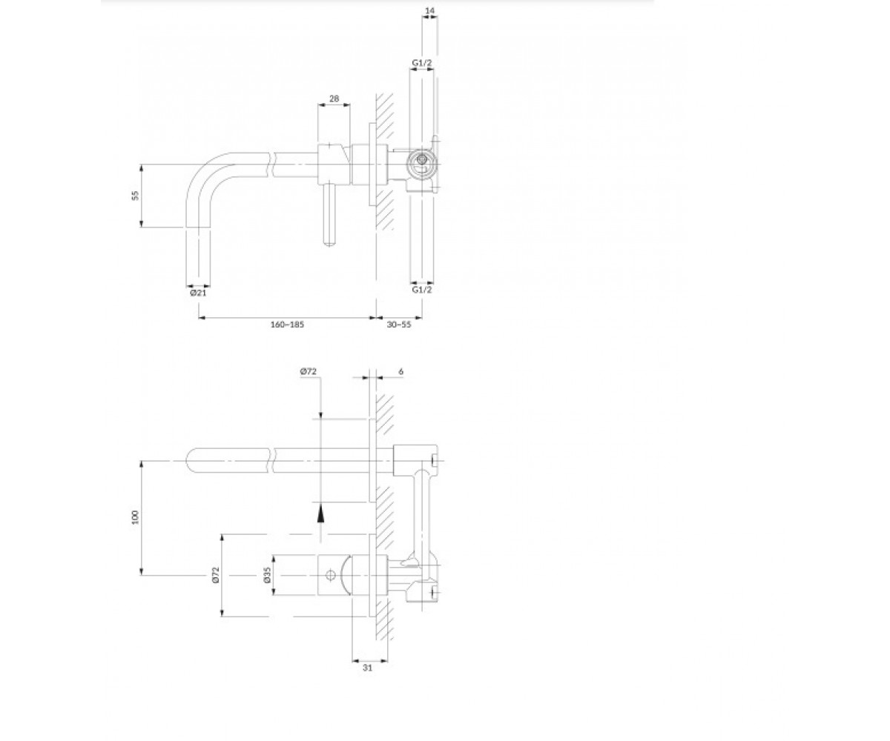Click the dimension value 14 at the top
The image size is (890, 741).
pos(429,10)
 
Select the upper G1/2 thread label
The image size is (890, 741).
pos(421,63)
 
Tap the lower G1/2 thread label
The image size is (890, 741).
pos(421,290)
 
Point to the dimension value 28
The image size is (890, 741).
pos(334,99)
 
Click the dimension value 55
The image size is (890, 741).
pos(136,196)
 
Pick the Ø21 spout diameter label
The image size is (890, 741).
pos(198,293)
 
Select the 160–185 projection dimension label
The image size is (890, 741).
pos(287,325)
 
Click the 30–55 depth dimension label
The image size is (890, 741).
pos(399,325)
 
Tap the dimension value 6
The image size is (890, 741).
pos(400,371)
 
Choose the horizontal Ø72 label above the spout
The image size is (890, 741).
pos(309,371)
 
